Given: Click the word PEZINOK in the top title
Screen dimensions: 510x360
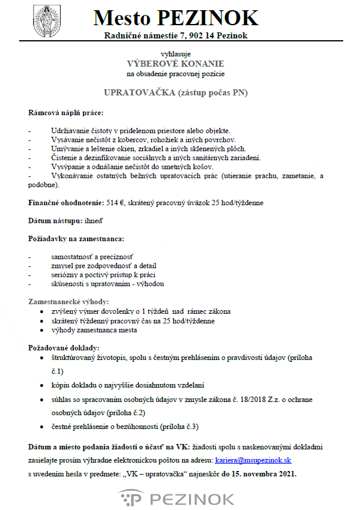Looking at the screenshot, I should (208, 18).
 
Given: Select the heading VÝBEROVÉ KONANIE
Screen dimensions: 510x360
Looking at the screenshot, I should (175, 64).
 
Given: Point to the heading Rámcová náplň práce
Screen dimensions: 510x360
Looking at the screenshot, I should (65, 113).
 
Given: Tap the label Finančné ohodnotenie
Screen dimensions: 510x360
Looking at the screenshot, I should (57, 203).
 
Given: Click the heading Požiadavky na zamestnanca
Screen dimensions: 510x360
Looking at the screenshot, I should (76, 239).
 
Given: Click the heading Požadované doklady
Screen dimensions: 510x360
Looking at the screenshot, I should (64, 348).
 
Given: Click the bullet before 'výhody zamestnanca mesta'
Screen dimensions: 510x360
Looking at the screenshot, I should (41, 330).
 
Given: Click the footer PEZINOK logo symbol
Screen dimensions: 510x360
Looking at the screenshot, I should (130, 498).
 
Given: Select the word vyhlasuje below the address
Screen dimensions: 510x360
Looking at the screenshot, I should (175, 54).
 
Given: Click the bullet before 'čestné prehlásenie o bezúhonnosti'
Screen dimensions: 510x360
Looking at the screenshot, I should (41, 427).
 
